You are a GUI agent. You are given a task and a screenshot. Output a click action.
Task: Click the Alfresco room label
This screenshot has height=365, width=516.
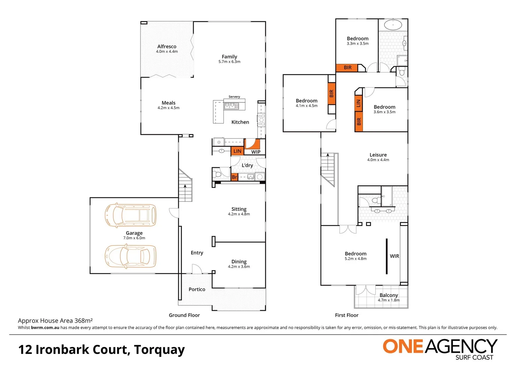[167, 47]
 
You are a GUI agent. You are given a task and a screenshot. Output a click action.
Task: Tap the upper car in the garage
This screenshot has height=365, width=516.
[130, 215]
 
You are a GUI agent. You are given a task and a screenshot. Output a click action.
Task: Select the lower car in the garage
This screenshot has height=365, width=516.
[130, 257]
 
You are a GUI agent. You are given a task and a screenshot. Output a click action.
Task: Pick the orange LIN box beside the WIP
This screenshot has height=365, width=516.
[237, 151]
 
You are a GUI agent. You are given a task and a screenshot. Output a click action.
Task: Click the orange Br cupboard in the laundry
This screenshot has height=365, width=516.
[235, 177]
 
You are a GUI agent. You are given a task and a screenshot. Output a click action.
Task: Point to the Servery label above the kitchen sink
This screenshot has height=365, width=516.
[234, 97]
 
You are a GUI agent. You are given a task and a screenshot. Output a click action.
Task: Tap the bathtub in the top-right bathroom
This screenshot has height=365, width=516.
[393, 25]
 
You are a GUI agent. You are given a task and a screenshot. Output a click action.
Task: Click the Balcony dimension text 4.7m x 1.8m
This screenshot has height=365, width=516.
[389, 300]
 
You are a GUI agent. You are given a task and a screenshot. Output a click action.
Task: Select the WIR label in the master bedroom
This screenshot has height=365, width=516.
[394, 256]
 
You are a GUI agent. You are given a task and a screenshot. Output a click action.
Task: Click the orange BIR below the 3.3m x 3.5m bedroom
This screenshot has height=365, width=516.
[347, 68]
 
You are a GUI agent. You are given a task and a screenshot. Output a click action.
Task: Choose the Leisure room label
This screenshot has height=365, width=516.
[378, 155]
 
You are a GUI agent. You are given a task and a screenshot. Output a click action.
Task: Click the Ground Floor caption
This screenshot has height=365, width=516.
[184, 315]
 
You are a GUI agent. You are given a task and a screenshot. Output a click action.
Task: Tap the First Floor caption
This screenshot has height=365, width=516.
[347, 315]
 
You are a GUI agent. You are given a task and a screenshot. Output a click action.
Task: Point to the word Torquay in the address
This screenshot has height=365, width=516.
[159, 350]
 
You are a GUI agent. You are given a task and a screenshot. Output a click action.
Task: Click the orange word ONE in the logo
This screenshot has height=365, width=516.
[403, 346]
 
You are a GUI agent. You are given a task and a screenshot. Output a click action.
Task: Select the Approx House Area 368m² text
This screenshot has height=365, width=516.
[55, 321]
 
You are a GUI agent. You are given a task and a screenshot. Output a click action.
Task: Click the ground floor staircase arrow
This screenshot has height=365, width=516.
[185, 186]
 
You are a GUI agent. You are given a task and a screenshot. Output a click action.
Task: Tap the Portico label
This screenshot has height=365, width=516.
[197, 289]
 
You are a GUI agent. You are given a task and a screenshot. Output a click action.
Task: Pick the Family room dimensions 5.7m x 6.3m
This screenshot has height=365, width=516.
[229, 62]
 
